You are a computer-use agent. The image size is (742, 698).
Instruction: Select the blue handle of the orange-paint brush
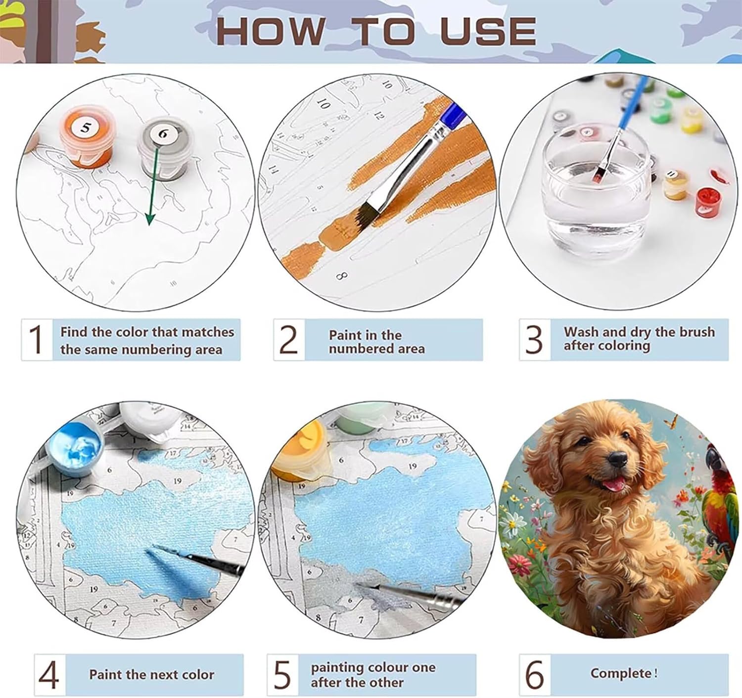[x=454, y=115]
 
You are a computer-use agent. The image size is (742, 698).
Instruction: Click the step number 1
[x=36, y=339]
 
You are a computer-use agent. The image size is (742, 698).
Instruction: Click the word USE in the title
[x=488, y=31]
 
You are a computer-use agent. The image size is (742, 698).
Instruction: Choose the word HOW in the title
[x=270, y=31]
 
